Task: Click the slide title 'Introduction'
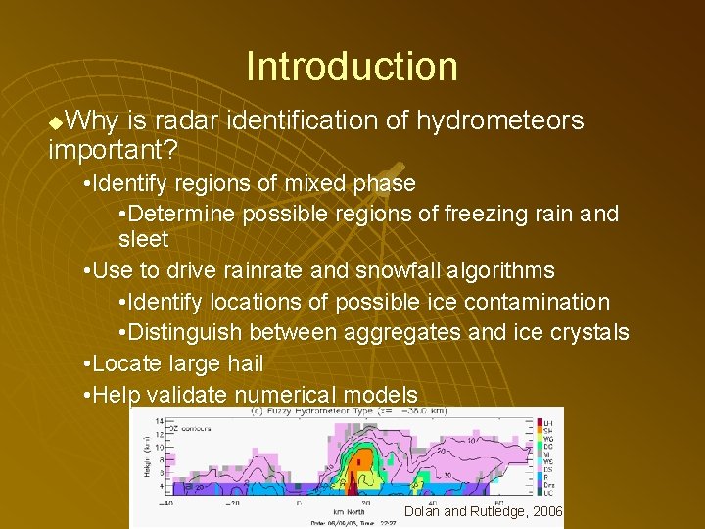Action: (352, 67)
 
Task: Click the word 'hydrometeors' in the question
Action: (499, 120)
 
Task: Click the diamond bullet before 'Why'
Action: (55, 121)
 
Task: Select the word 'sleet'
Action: (143, 240)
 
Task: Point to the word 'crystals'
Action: (588, 333)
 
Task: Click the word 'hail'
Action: (243, 363)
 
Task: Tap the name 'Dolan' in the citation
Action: (421, 511)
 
